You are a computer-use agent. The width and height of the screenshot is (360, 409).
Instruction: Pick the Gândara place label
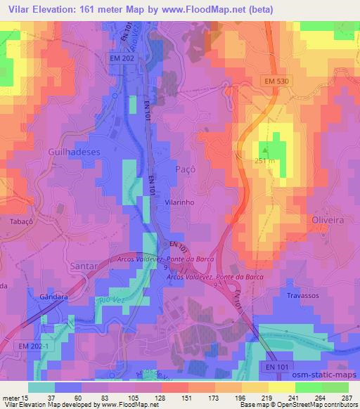pyautogui.click(x=53, y=297)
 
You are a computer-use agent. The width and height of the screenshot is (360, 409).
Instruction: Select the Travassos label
pyautogui.click(x=304, y=296)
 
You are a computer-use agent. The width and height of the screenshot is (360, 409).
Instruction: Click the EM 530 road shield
pyautogui.click(x=278, y=82)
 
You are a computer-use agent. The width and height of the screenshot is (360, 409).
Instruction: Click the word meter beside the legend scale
pyautogui.click(x=12, y=397)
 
